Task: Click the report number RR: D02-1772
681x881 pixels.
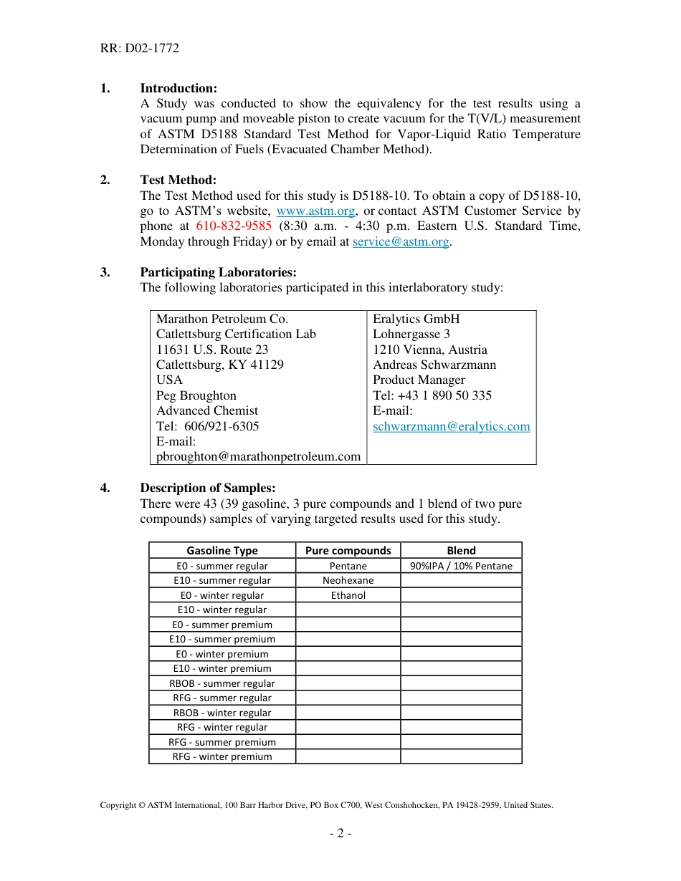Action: click(x=139, y=49)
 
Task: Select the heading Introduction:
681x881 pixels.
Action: click(x=178, y=88)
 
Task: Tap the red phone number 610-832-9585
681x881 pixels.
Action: click(x=234, y=226)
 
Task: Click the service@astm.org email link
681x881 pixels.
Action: click(x=401, y=241)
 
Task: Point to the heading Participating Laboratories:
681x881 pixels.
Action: click(x=218, y=272)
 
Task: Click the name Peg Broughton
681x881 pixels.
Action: click(x=196, y=395)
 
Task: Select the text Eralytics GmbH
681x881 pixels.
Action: click(x=416, y=319)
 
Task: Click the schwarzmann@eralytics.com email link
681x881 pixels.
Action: click(x=452, y=426)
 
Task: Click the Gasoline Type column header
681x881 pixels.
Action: click(x=222, y=550)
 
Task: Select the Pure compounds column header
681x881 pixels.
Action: click(x=348, y=550)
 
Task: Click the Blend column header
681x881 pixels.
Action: click(x=461, y=550)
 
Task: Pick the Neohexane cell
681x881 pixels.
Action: click(x=348, y=580)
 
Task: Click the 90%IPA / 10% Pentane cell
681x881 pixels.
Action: click(x=461, y=566)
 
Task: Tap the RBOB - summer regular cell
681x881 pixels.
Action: click(x=222, y=683)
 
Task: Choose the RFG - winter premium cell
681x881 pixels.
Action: click(x=222, y=756)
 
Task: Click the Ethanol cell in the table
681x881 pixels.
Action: click(x=348, y=595)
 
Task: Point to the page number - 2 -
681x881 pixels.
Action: click(x=340, y=833)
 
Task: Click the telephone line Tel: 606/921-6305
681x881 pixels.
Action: click(x=208, y=426)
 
